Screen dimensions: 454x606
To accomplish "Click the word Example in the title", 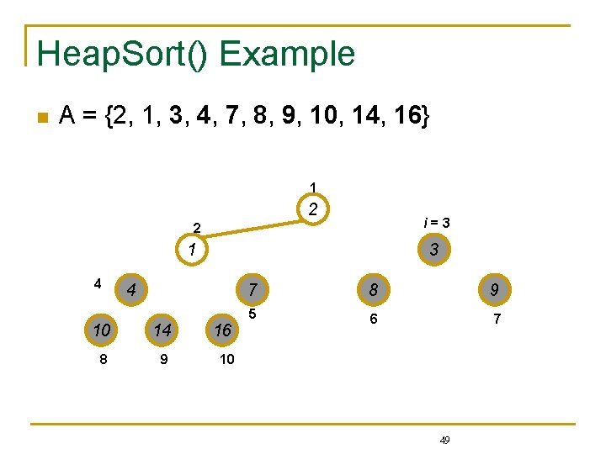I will click(287, 54).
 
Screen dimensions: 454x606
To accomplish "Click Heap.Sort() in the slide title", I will click(124, 54).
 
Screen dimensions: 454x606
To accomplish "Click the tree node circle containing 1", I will click(193, 250).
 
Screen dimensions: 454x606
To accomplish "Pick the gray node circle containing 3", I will click(433, 250).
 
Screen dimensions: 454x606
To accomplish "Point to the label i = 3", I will click(436, 223).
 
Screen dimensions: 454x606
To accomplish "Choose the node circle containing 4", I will click(130, 290).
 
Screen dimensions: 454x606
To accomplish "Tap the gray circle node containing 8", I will click(371, 290).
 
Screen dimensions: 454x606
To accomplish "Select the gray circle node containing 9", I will click(494, 290).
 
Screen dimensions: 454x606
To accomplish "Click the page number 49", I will click(445, 440).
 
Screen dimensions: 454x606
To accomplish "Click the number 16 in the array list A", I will click(407, 116).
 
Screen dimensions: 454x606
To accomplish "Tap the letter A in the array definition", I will click(68, 116).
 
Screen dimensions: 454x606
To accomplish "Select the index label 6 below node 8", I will click(374, 319).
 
